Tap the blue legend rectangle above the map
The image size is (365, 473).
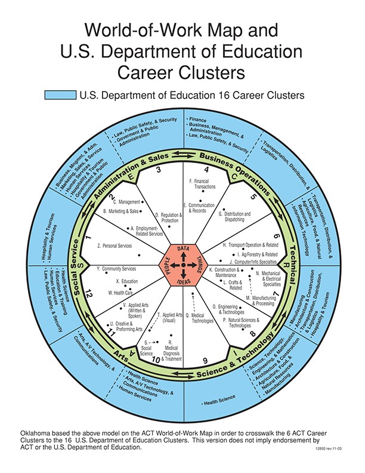pos(60,95)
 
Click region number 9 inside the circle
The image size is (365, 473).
pos(205,360)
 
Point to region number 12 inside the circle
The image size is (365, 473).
pos(88,294)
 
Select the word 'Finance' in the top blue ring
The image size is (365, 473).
pos(199,120)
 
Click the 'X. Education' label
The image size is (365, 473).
pos(127,281)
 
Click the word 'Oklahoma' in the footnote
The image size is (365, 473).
pos(37,432)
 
